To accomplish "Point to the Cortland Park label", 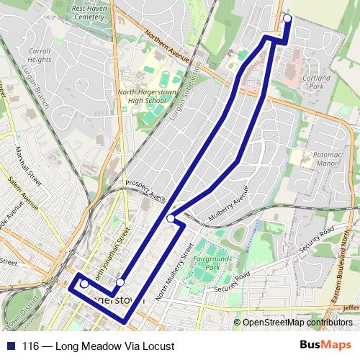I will [x=317, y=81].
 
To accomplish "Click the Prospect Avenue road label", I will [x=146, y=189].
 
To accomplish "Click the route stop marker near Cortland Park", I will [x=287, y=19].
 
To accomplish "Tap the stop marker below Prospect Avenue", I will [x=171, y=218].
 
